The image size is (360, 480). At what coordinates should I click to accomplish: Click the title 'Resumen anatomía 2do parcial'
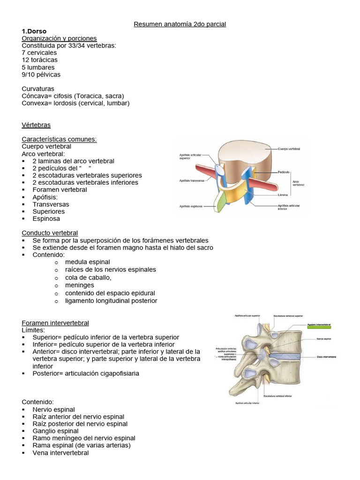tap(180, 24)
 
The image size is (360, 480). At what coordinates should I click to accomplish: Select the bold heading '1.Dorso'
tap(34, 31)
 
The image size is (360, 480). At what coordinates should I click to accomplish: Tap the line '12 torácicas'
tap(40, 60)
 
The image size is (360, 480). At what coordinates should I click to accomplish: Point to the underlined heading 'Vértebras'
tap(36, 125)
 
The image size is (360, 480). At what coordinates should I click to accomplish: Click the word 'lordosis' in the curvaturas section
tap(65, 103)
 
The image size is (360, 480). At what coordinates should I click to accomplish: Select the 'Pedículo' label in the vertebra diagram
tap(283, 172)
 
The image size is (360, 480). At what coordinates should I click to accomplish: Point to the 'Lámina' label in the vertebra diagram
tap(283, 194)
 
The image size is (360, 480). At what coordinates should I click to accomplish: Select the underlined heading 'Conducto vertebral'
tap(50, 233)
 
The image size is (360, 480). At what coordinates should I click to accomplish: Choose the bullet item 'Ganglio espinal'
tap(55, 431)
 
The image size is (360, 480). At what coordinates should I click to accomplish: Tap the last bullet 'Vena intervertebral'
tap(60, 453)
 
